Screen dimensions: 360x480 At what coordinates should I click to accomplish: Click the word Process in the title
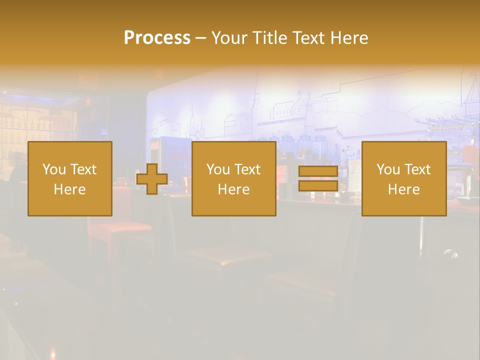157,38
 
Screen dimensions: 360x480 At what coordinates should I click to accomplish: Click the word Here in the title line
350,38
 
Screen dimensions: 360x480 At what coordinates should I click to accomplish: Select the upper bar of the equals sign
318,171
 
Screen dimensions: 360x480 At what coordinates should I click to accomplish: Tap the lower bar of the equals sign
318,185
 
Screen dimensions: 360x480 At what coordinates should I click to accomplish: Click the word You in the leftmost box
54,169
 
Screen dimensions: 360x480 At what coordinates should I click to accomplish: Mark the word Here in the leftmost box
69,189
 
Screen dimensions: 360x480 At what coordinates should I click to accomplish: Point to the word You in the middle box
218,169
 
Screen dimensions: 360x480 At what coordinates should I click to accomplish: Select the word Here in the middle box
233,189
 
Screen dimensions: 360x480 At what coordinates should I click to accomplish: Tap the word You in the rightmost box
388,169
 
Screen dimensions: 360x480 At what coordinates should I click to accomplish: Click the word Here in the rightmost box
403,189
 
